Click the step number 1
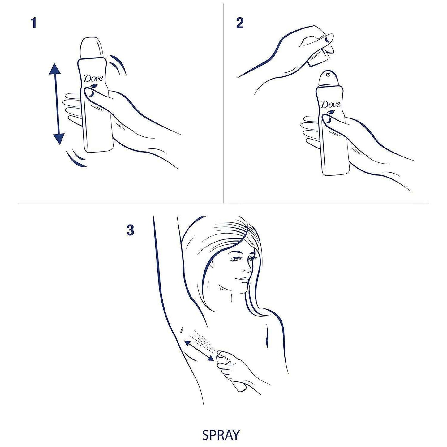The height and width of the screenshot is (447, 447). click(x=34, y=24)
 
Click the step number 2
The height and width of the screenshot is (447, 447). click(x=240, y=24)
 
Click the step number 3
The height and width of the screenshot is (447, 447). click(x=130, y=230)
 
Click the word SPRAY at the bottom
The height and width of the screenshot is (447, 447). click(x=221, y=435)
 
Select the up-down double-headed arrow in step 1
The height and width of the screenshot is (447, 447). click(x=56, y=104)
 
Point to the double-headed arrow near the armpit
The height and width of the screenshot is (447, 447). click(x=199, y=350)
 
